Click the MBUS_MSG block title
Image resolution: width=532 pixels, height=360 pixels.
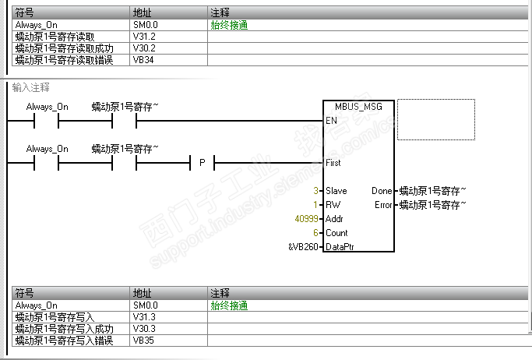click(358, 106)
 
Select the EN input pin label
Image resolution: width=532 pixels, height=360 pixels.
click(331, 121)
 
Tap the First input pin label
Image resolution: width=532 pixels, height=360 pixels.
click(333, 163)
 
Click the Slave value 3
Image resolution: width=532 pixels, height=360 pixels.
click(315, 191)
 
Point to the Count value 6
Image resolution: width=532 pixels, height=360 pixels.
click(315, 233)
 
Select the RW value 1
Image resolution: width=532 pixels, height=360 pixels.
click(315, 205)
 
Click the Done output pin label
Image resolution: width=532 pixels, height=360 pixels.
click(382, 191)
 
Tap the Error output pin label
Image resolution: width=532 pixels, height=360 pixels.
click(382, 205)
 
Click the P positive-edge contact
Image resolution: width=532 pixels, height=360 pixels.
click(202, 163)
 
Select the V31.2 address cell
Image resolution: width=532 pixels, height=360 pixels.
click(145, 37)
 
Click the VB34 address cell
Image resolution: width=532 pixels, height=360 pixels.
click(143, 60)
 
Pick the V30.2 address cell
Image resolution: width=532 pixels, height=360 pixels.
click(145, 48)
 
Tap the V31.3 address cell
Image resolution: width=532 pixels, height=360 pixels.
click(145, 317)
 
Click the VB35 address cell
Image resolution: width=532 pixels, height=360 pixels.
click(143, 341)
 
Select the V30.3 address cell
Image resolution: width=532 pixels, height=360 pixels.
click(145, 329)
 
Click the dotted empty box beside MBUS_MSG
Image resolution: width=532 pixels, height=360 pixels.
click(435, 120)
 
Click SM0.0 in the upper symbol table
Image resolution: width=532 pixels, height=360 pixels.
click(146, 25)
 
